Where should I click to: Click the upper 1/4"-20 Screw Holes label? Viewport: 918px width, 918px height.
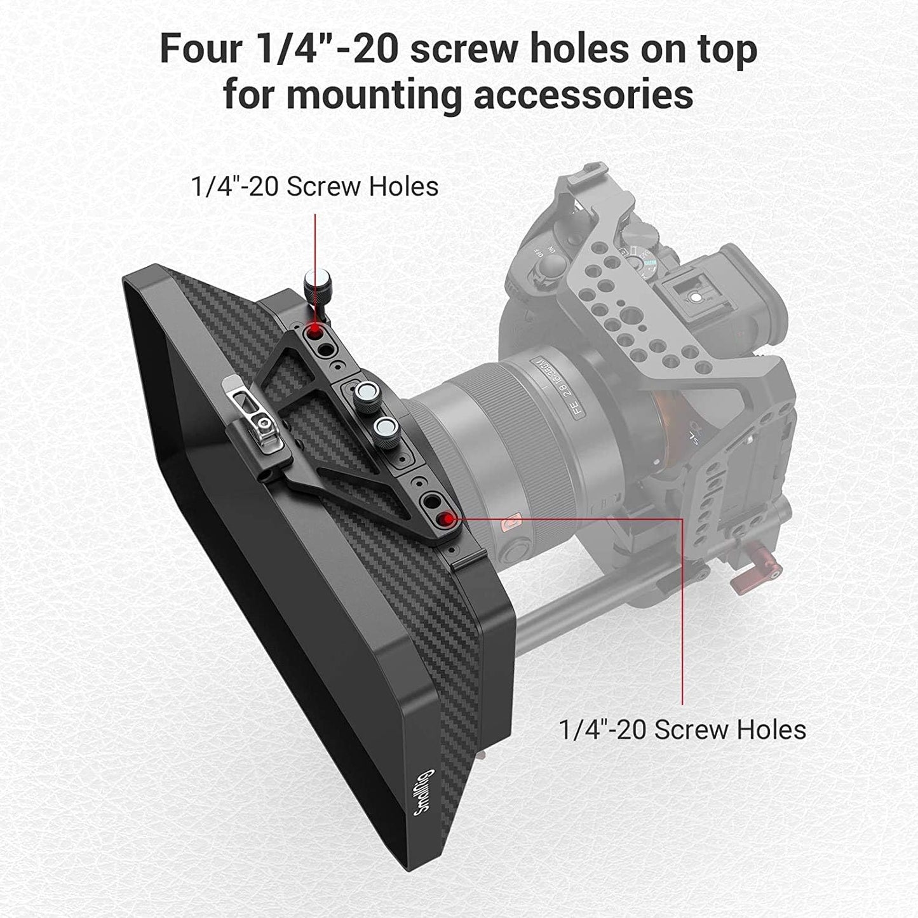click(x=314, y=186)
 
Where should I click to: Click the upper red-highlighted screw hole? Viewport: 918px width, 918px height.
click(x=314, y=332)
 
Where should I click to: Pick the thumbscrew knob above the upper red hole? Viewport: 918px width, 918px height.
click(x=314, y=287)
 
